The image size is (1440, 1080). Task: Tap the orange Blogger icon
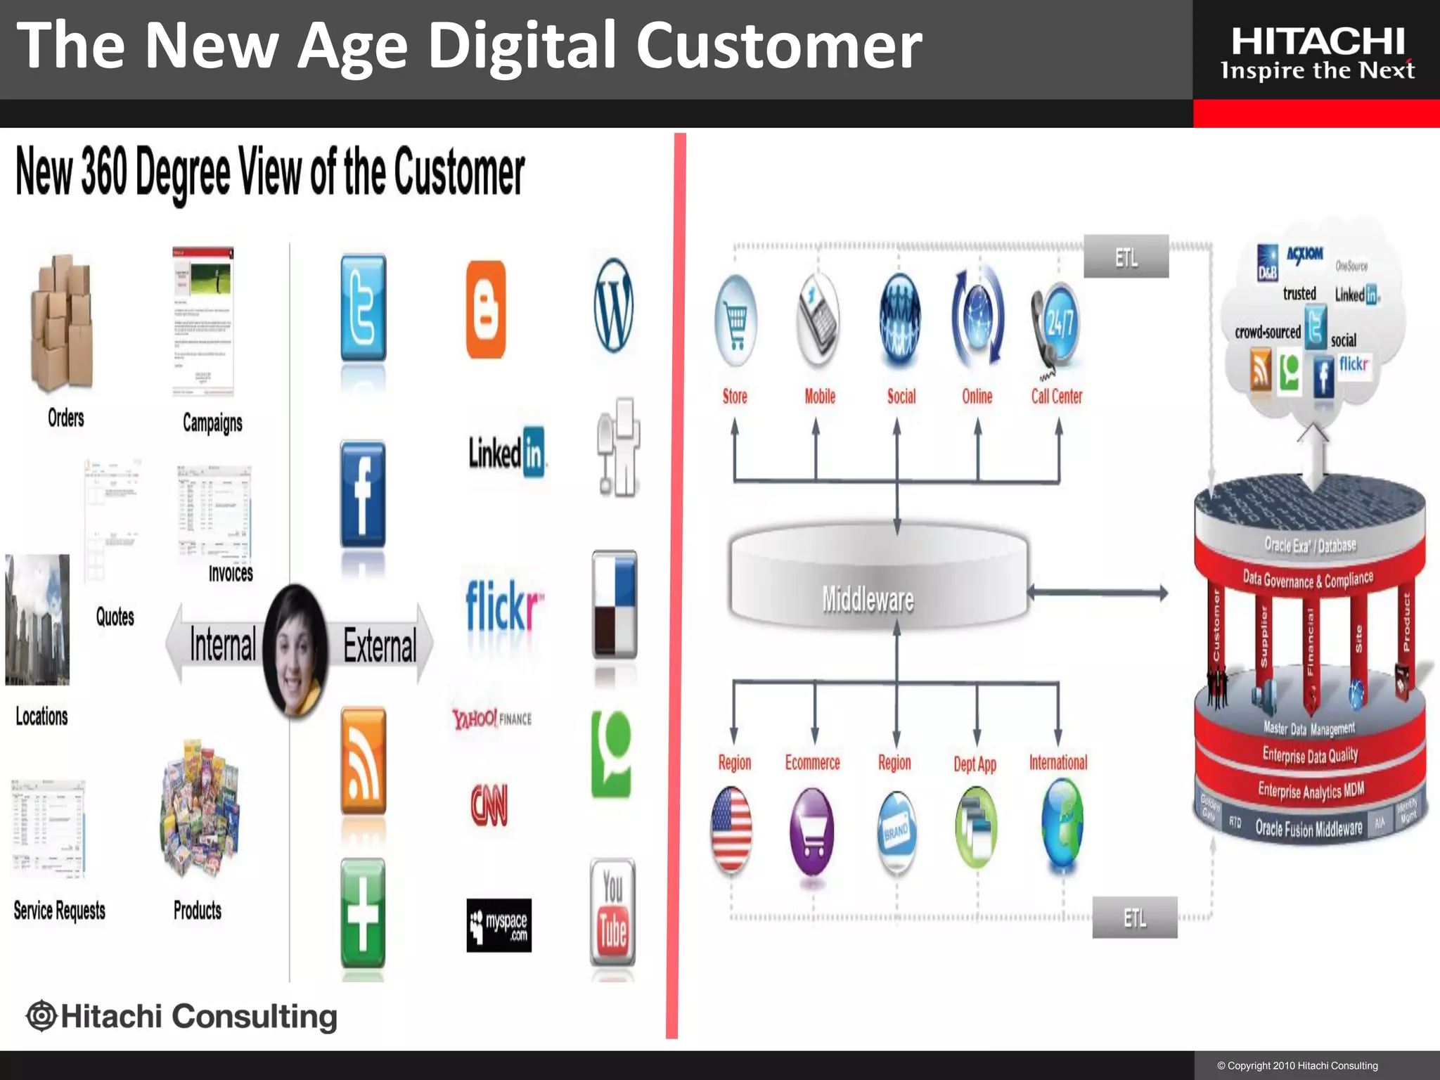click(486, 309)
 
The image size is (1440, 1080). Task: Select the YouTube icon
click(612, 911)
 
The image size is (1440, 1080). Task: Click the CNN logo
click(489, 805)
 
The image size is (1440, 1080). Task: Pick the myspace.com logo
click(499, 925)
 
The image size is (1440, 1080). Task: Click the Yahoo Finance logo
click(491, 719)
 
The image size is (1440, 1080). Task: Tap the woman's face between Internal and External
click(295, 650)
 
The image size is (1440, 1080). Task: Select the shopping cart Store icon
click(735, 321)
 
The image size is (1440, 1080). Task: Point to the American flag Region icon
click(731, 830)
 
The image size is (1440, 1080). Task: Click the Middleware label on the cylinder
click(868, 600)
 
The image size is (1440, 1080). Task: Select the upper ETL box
click(1126, 257)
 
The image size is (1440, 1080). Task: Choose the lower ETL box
click(1134, 918)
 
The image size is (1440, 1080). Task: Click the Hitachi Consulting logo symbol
click(41, 1016)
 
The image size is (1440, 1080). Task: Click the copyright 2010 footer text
click(1297, 1066)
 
